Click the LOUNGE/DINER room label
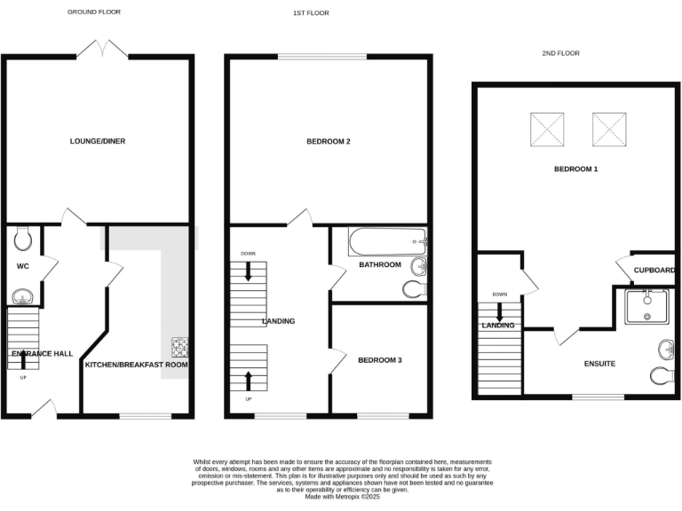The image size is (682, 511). pos(98,140)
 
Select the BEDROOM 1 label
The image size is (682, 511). pos(575,169)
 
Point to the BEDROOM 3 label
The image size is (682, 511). pos(380,360)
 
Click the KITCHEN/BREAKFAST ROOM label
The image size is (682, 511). pos(136,365)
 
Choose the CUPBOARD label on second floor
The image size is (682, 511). pos(655,271)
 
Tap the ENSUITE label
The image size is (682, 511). pos(599,364)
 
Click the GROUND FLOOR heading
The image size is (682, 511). pos(94,12)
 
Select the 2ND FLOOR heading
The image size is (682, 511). pos(560,53)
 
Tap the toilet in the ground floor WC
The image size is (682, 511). pos(24,238)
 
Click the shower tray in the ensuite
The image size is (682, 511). pos(647,307)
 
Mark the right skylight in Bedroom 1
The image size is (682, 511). pos(610,130)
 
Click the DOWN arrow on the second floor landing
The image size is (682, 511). pos(499,311)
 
